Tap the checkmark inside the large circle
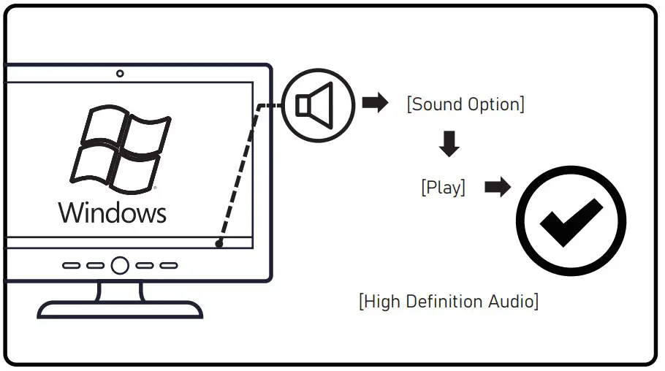[571, 221]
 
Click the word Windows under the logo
[113, 213]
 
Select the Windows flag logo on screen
[120, 148]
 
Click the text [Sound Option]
[465, 104]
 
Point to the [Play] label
[443, 187]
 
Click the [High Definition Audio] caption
[449, 301]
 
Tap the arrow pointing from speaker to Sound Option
[376, 103]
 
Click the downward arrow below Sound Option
[449, 145]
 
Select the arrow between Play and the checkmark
[498, 188]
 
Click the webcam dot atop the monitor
[120, 73]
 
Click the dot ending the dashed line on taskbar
[219, 244]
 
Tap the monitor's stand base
[120, 310]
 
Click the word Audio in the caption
[512, 301]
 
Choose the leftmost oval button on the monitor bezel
[71, 266]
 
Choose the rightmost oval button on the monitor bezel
[169, 266]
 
